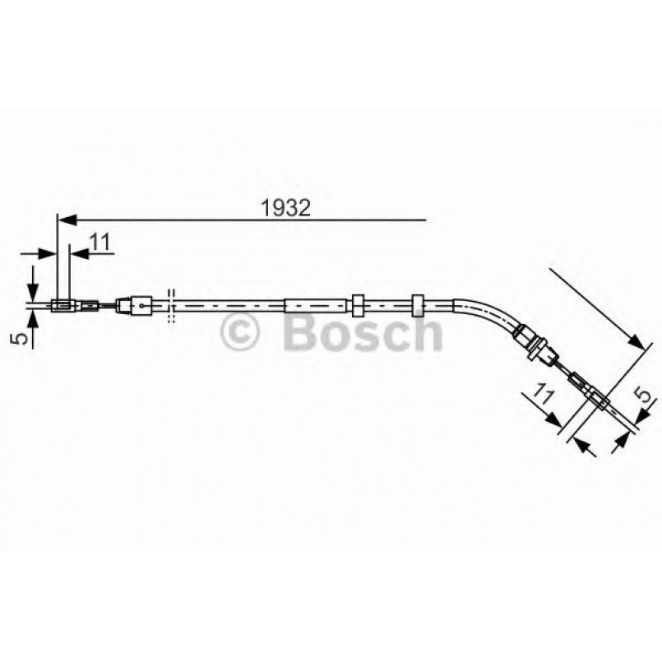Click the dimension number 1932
(285, 208)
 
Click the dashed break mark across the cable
(170, 307)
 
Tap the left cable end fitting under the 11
(62, 307)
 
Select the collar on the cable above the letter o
(358, 305)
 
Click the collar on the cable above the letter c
(418, 305)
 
